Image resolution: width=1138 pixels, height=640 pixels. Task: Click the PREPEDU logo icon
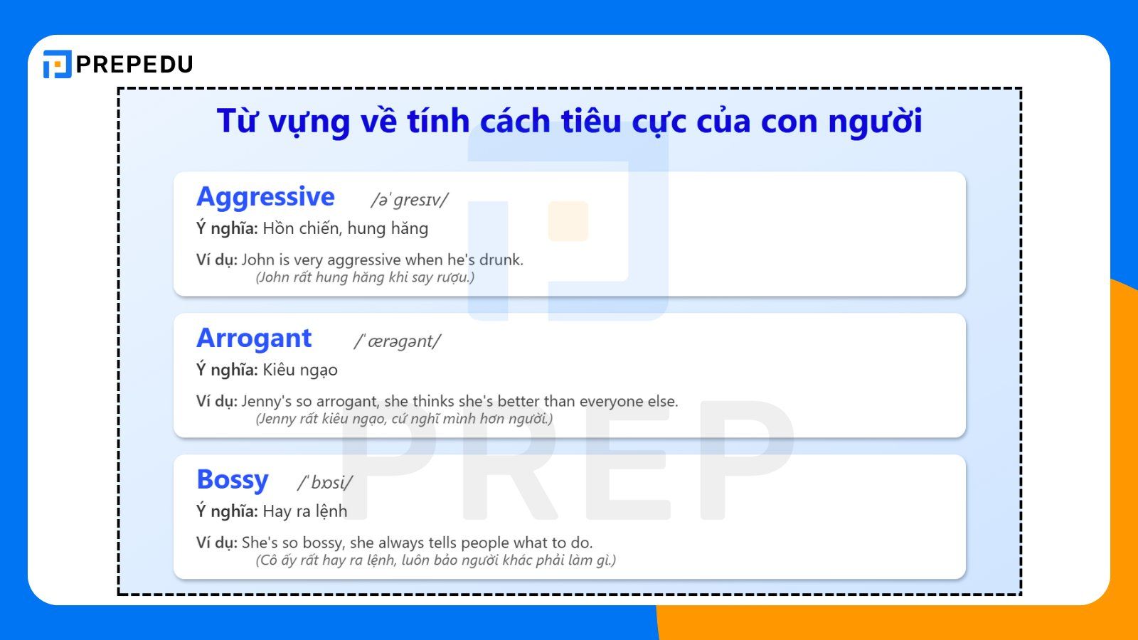coord(57,64)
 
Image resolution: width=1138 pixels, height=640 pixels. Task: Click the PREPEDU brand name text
coord(134,65)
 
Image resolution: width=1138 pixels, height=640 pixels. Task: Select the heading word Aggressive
coord(265,197)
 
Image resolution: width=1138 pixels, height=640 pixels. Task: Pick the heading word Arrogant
coord(254,338)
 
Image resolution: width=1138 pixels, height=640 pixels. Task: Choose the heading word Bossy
coord(232,480)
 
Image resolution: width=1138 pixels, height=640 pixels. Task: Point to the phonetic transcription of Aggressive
coord(409,200)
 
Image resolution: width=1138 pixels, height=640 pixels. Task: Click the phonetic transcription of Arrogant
coord(397,341)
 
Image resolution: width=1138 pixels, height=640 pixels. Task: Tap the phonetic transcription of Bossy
coord(324,483)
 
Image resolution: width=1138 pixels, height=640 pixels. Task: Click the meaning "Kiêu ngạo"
coord(300,370)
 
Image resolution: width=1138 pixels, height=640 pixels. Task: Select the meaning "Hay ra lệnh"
coord(305,511)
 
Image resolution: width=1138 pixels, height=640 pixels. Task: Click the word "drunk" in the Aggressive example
coord(501,260)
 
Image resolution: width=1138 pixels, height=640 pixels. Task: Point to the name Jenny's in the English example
coord(262,401)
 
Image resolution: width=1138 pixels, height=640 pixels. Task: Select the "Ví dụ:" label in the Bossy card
coord(216,543)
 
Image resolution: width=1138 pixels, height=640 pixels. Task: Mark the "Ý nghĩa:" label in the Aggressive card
coord(227,228)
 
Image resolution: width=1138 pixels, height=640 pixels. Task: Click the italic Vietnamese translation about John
coord(365,277)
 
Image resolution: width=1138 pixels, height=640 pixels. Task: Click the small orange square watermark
coord(568,221)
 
